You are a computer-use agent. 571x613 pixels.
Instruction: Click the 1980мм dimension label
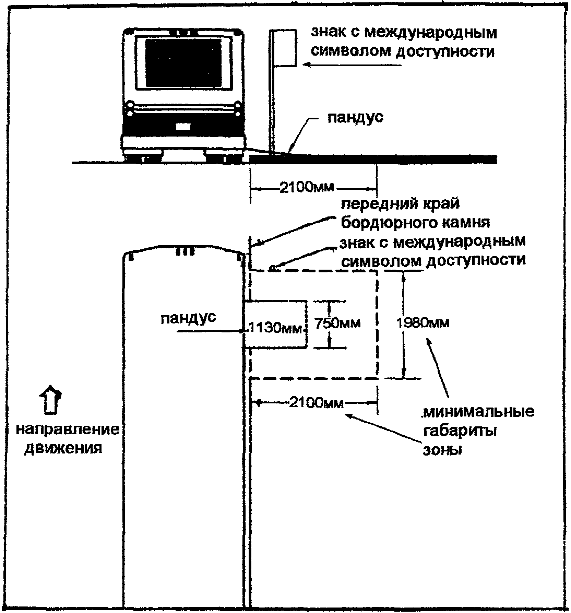click(x=423, y=323)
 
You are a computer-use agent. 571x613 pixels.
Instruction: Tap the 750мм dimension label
click(x=337, y=323)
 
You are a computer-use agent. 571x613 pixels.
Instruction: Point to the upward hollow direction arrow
click(x=50, y=401)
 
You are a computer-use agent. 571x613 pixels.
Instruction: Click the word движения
click(x=64, y=448)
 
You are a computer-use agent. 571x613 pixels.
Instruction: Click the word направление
click(x=68, y=429)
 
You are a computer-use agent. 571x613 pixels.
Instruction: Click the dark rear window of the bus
click(x=183, y=62)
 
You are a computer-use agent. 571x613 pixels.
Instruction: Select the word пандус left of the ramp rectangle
click(x=188, y=318)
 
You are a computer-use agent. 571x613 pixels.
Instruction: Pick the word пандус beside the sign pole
click(x=355, y=118)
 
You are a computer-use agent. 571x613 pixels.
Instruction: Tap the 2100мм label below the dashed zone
click(x=316, y=402)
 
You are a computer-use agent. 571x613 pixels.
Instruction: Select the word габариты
click(x=460, y=431)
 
